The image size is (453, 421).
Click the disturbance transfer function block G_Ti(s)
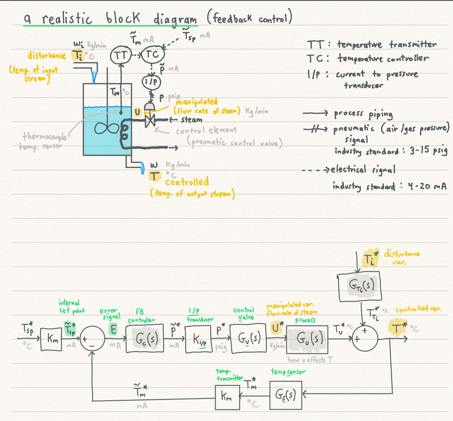pyautogui.click(x=360, y=287)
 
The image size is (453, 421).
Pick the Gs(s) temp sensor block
pyautogui.click(x=286, y=395)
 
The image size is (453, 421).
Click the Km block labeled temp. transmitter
pyautogui.click(x=226, y=397)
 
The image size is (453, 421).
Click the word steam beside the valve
pyautogui.click(x=191, y=120)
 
